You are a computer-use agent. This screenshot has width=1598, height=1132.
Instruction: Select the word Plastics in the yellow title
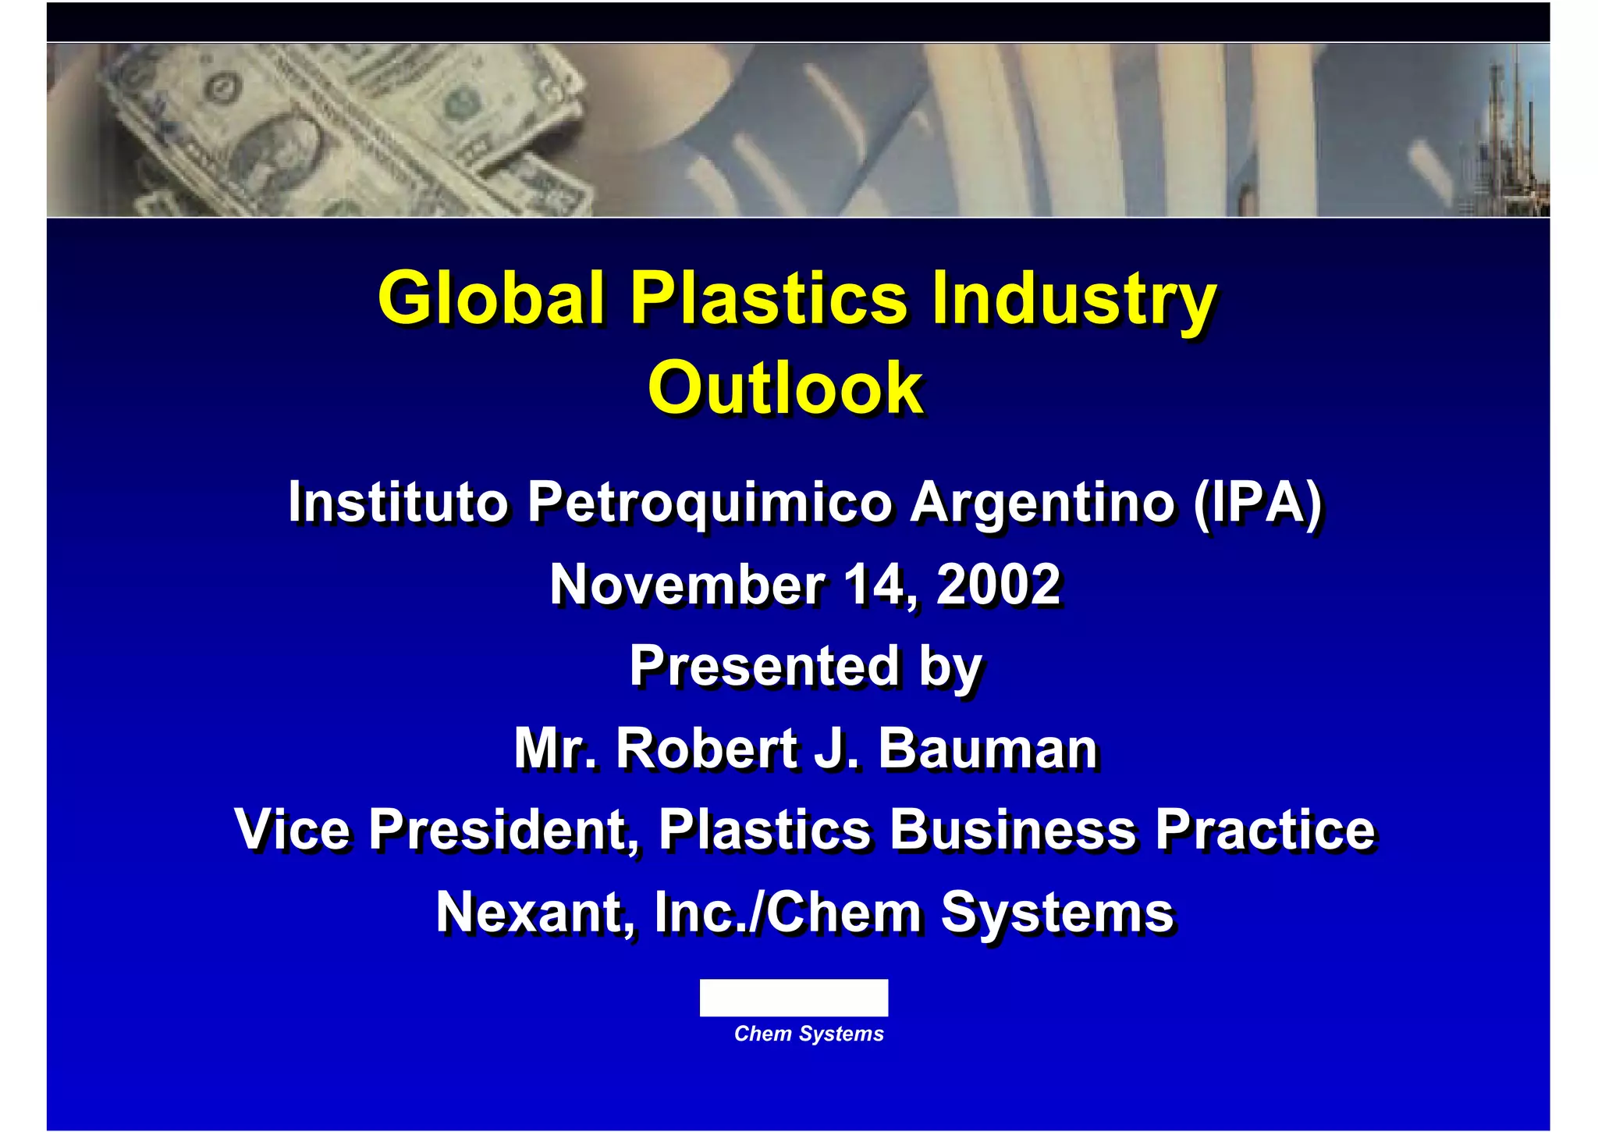769,298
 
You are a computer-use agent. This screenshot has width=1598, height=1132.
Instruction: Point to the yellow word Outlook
786,388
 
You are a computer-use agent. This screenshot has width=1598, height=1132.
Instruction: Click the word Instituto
398,501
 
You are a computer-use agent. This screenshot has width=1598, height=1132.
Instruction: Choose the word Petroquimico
709,501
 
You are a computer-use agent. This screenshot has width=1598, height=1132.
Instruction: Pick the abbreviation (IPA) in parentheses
1257,501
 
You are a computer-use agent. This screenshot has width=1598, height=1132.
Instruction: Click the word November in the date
687,585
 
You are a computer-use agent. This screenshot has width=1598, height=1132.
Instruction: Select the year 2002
998,585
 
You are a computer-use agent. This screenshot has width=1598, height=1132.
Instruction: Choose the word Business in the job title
1013,829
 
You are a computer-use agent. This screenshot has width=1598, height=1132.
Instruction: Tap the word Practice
1265,829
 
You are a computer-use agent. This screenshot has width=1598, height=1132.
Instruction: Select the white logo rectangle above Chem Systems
794,998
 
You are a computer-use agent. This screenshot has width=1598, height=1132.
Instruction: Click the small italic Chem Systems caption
808,1034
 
